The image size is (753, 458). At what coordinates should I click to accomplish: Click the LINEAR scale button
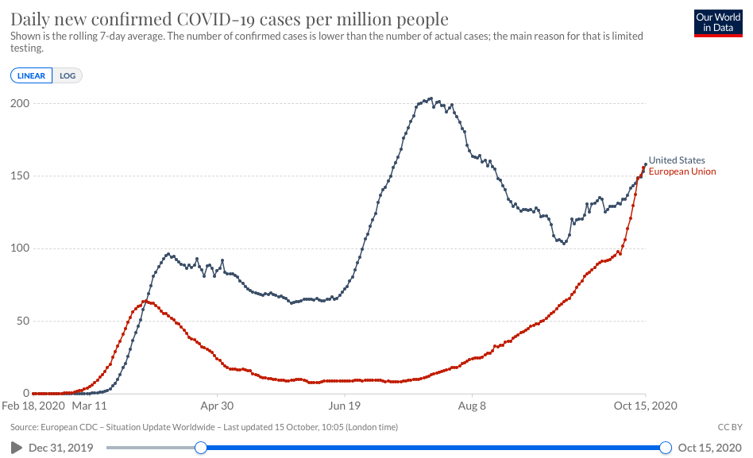tap(32, 76)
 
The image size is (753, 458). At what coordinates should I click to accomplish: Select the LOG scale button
tap(68, 76)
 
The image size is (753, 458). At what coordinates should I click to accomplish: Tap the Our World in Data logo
tap(717, 23)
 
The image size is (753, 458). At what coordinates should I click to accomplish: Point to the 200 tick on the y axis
tap(20, 104)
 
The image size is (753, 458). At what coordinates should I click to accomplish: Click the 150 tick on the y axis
tap(20, 176)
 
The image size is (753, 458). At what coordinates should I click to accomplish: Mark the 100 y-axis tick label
tap(20, 248)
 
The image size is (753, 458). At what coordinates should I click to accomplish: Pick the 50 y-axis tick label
tap(23, 321)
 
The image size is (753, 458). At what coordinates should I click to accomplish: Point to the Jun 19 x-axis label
tap(345, 406)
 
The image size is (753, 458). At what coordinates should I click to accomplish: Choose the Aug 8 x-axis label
tap(472, 406)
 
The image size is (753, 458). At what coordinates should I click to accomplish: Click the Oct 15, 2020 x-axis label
tap(646, 406)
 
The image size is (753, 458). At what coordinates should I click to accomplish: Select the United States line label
tap(677, 160)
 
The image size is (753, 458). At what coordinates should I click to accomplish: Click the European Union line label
tap(682, 171)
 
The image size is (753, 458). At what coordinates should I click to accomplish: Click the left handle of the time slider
tap(201, 448)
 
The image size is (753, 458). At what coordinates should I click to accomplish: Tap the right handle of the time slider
tap(666, 448)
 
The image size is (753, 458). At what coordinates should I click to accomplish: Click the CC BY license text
tap(728, 427)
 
